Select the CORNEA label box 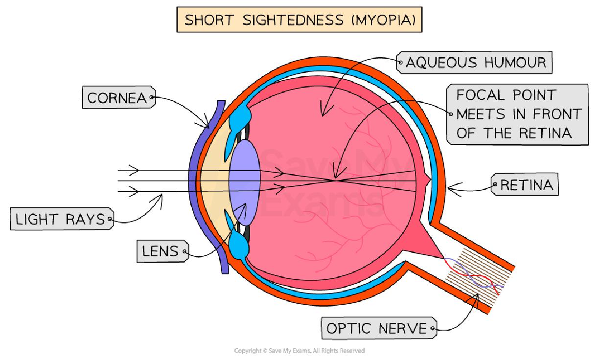click(x=117, y=98)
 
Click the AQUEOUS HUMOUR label click(x=475, y=62)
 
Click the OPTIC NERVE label click(x=377, y=328)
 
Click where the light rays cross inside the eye click(x=335, y=180)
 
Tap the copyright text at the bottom click(x=300, y=351)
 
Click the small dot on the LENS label click(x=185, y=252)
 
